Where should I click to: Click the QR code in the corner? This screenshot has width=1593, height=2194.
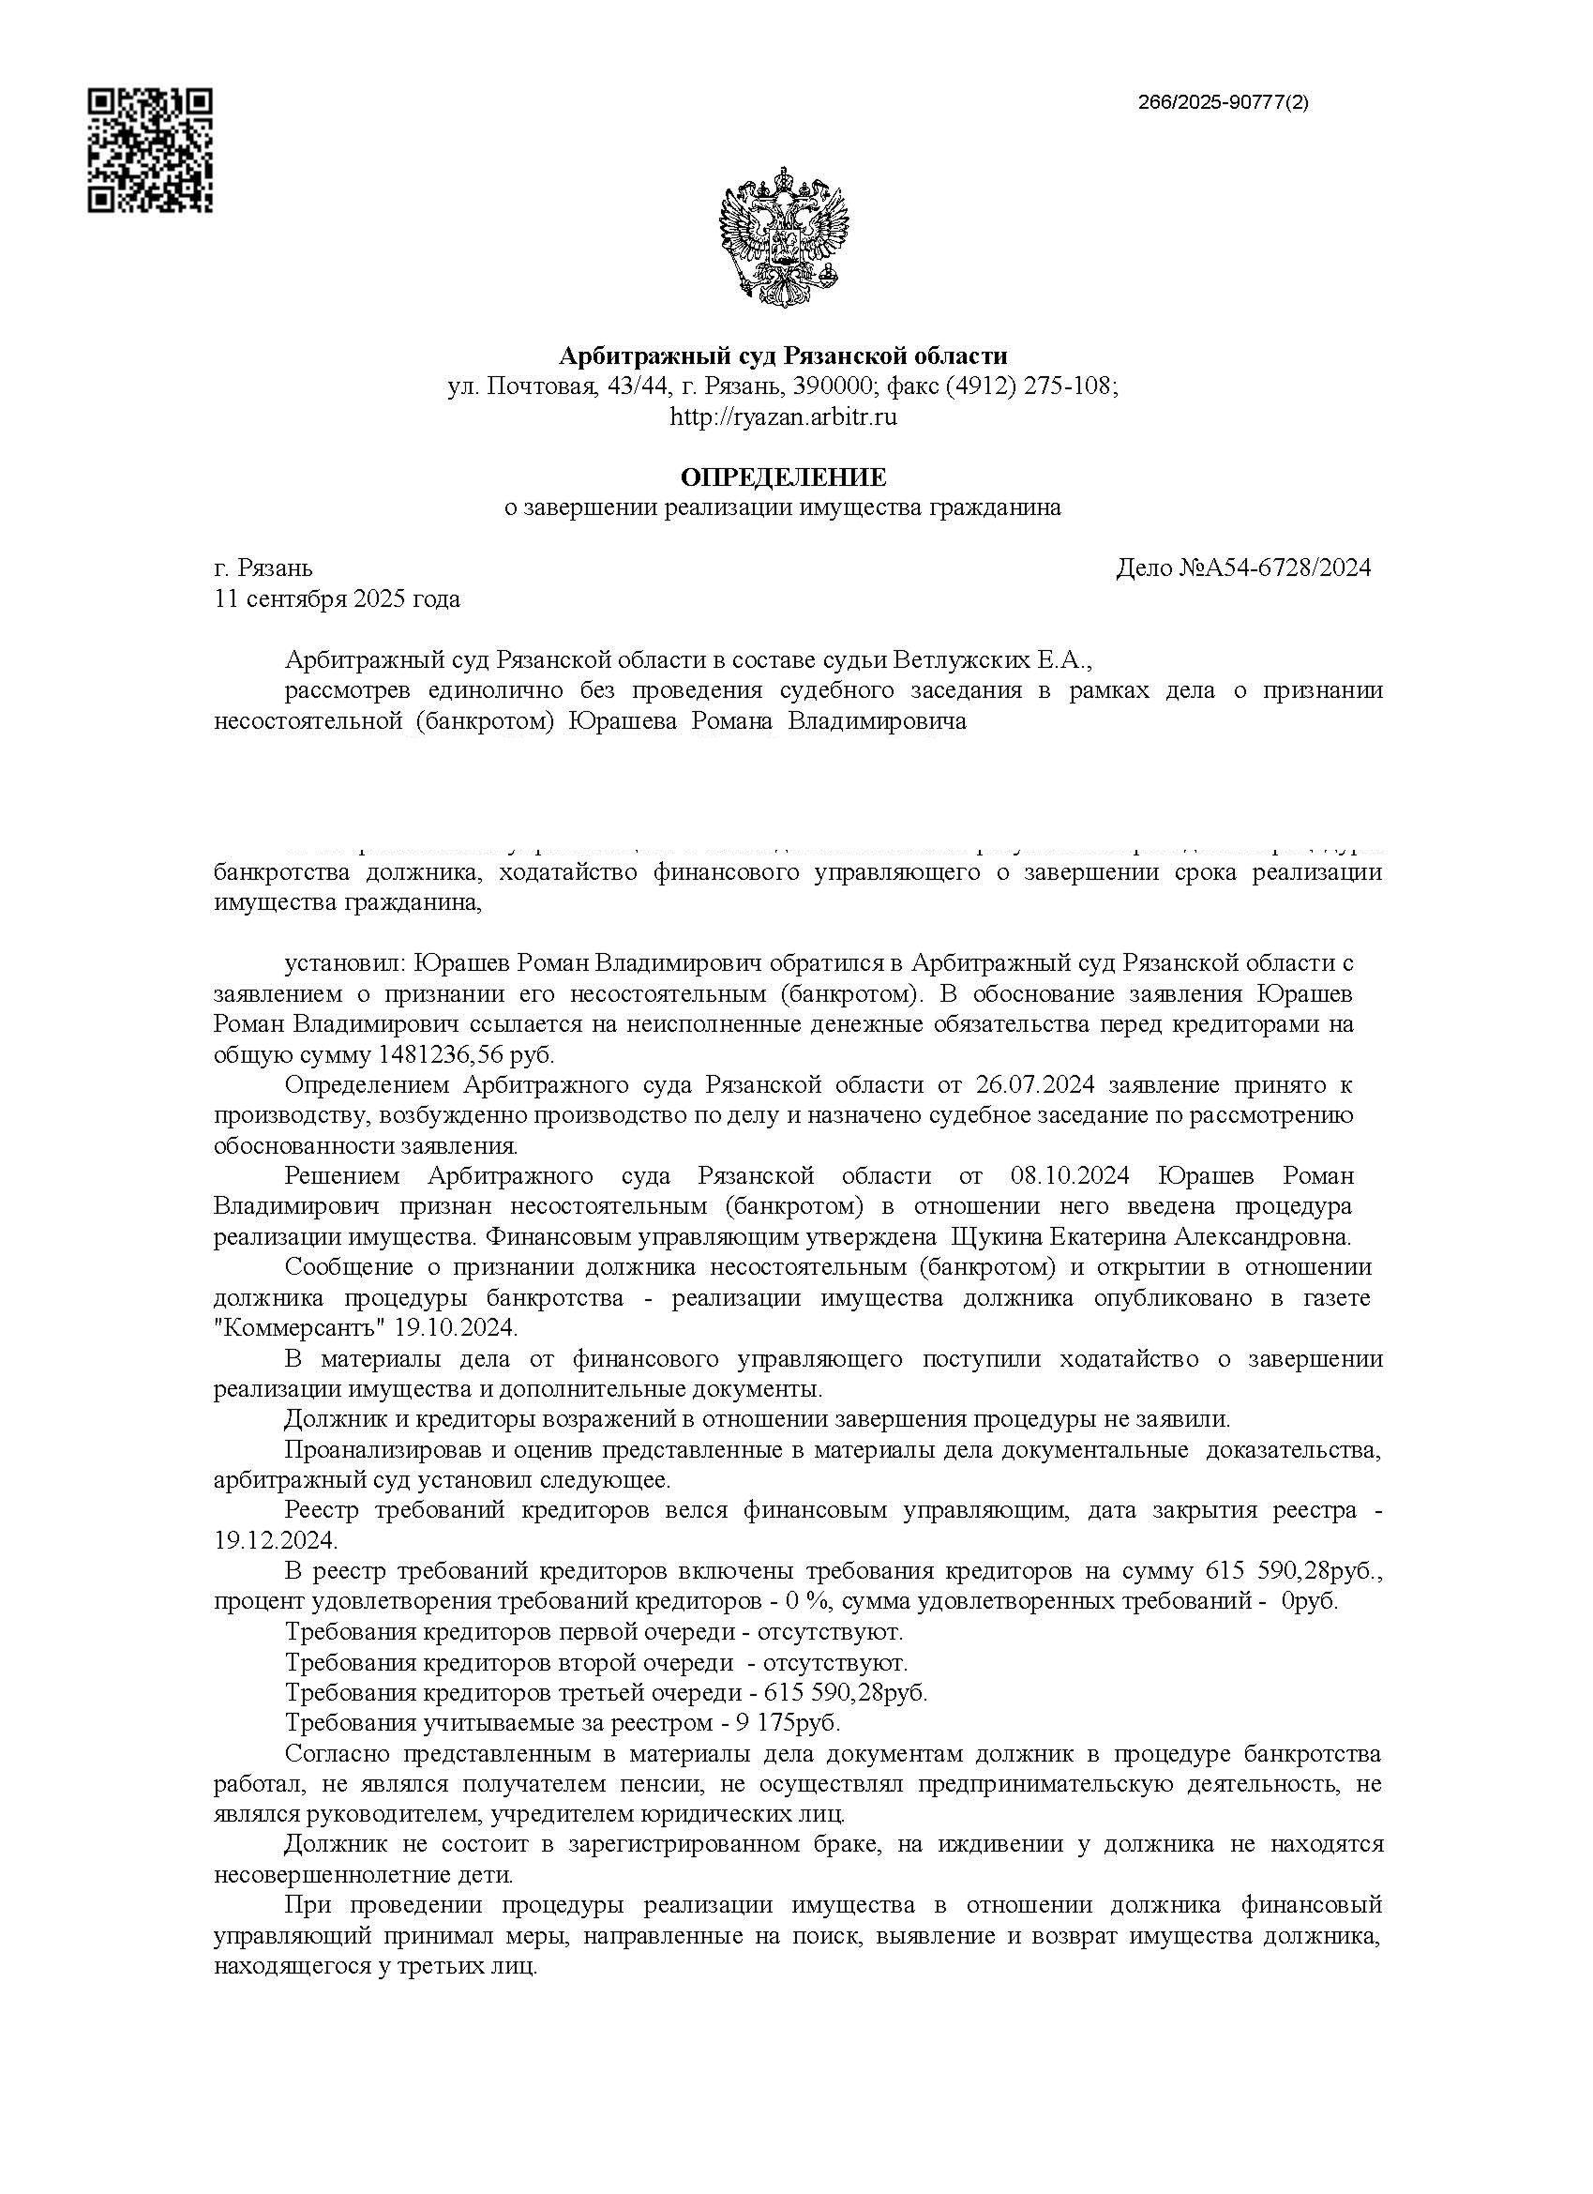pyautogui.click(x=150, y=150)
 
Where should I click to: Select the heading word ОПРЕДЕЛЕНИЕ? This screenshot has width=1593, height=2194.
pyautogui.click(x=784, y=477)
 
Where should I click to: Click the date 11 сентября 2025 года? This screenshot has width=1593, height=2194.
pyautogui.click(x=337, y=598)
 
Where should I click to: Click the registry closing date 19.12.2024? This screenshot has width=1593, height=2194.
pyautogui.click(x=275, y=1540)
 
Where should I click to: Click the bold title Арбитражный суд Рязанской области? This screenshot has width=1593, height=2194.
pyautogui.click(x=784, y=356)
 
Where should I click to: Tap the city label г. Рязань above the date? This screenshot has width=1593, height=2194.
pyautogui.click(x=263, y=567)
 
